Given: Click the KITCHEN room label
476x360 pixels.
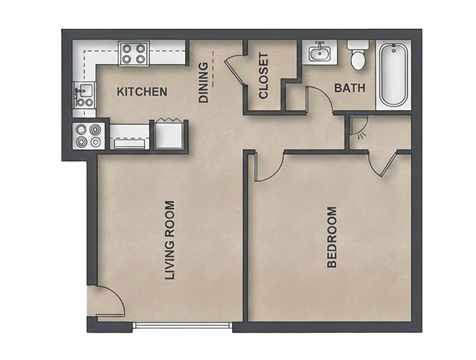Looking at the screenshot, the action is click(x=142, y=91).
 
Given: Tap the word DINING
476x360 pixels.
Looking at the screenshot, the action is click(x=203, y=82).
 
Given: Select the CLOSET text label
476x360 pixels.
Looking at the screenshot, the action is click(x=264, y=76).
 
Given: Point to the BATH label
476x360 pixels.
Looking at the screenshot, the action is click(x=350, y=88).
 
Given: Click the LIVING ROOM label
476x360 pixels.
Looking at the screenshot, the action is click(x=170, y=240).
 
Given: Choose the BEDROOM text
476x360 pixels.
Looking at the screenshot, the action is click(x=332, y=237).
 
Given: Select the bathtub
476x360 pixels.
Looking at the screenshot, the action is click(x=394, y=75).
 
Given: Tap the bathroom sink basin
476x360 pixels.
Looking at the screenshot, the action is click(x=320, y=54).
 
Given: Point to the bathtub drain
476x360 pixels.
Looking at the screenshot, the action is click(x=394, y=50).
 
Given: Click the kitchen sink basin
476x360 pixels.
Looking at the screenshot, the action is click(x=84, y=90).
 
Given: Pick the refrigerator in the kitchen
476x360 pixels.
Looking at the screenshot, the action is click(x=169, y=135).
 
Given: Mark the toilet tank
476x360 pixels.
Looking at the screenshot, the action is click(x=358, y=45).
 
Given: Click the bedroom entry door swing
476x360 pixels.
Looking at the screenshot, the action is click(x=269, y=168).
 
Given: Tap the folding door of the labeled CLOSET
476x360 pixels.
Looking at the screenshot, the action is click(x=235, y=70).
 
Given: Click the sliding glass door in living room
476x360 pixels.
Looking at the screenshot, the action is click(x=182, y=325).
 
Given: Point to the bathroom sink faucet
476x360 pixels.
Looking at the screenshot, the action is click(x=319, y=45).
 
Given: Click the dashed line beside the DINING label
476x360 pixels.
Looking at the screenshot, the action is click(x=213, y=69).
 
